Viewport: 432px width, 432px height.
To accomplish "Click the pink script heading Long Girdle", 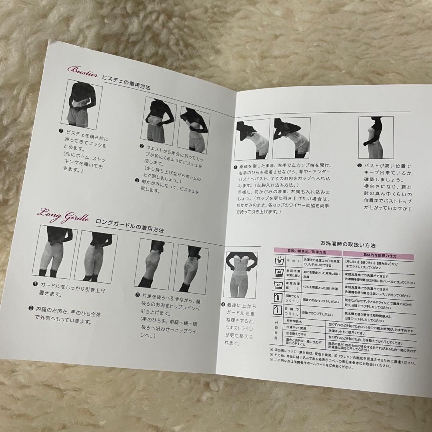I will click(64, 213).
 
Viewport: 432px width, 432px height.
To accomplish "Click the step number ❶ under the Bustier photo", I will click(58, 130).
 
